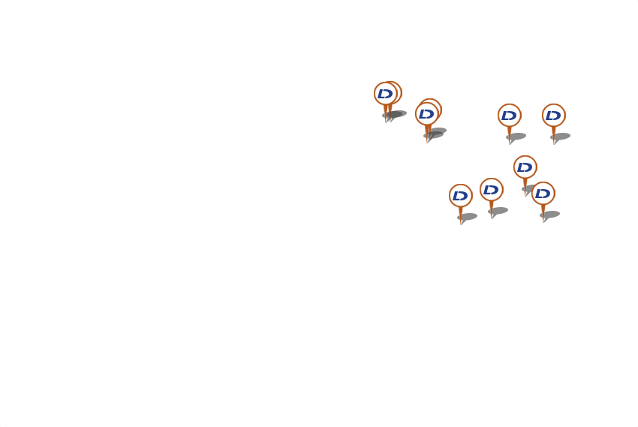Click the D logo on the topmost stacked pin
(385, 94)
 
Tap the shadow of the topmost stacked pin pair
(397, 114)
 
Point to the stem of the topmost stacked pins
(387, 113)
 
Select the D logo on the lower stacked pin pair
(426, 114)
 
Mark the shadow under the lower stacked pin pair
(438, 133)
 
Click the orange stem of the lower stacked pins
(427, 133)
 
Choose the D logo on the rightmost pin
(553, 116)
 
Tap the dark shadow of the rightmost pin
(562, 137)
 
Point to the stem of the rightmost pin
(554, 134)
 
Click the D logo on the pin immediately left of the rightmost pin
(509, 116)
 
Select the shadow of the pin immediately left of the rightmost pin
(518, 137)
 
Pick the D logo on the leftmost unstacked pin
(460, 196)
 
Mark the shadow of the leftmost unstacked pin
(469, 217)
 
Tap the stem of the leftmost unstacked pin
(461, 215)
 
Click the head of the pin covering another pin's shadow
(543, 194)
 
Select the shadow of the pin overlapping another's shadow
(552, 215)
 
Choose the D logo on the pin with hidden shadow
(525, 167)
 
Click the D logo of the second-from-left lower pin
(491, 190)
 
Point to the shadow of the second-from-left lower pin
(500, 211)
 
